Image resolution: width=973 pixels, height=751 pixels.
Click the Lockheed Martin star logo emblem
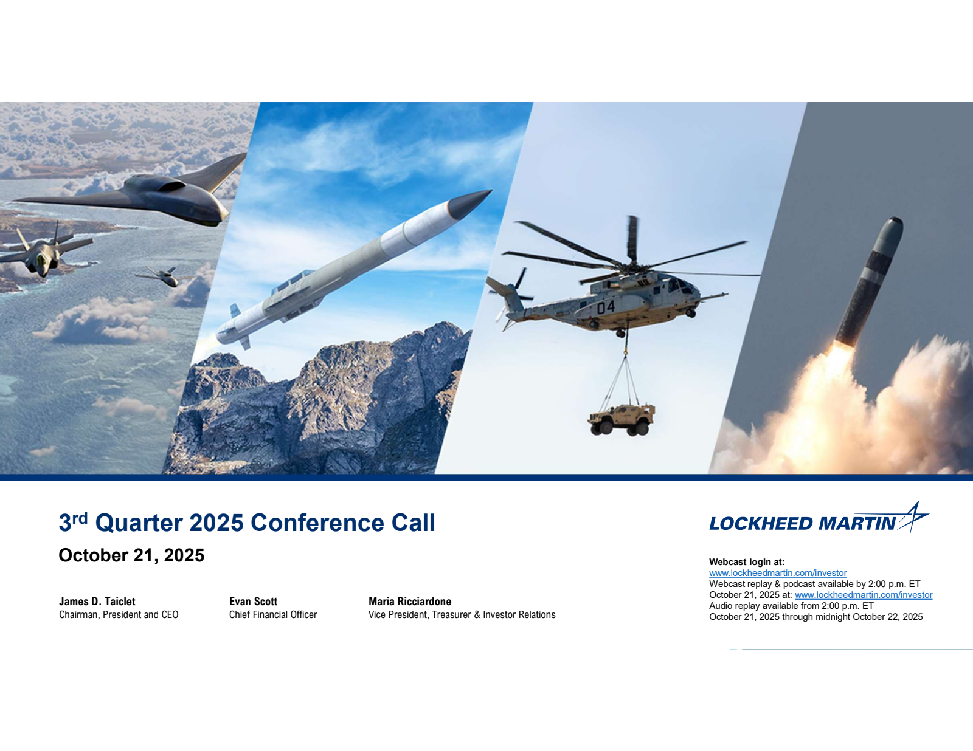click(913, 518)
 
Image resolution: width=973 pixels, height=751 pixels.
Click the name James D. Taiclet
click(97, 601)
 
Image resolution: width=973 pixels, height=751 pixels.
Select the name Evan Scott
click(253, 601)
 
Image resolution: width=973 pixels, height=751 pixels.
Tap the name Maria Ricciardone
click(410, 601)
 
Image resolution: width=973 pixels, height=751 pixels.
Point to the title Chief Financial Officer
click(273, 614)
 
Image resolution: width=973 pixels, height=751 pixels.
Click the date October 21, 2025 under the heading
click(131, 555)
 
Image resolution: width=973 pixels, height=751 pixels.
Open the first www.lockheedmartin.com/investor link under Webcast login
click(778, 573)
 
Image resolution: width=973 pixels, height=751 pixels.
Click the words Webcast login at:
click(747, 562)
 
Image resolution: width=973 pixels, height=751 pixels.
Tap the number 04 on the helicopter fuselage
click(606, 307)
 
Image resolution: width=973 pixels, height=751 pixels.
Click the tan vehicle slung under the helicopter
click(621, 419)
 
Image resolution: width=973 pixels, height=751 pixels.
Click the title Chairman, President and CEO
click(119, 614)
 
